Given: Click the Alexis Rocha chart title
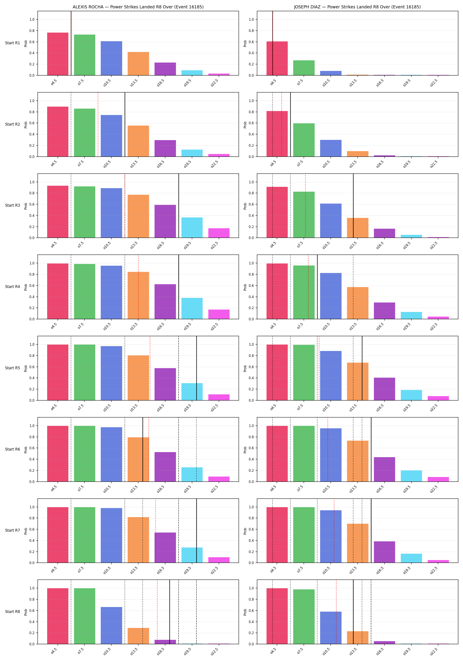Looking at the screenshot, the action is click(x=138, y=7).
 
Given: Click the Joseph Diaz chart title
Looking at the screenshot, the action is click(x=357, y=7).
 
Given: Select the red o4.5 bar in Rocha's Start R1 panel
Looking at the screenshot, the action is click(x=58, y=54).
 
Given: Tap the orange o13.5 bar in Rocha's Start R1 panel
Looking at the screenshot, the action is click(x=138, y=64).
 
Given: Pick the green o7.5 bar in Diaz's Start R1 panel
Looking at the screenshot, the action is click(x=304, y=68).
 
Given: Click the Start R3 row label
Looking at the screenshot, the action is click(x=13, y=205).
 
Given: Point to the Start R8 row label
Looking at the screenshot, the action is click(x=13, y=611).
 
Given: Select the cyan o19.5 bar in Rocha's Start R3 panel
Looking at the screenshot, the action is click(x=192, y=228).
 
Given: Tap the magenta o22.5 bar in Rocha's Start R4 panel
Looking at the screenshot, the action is click(x=219, y=314).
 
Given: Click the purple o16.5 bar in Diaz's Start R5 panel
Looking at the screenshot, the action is click(x=384, y=389).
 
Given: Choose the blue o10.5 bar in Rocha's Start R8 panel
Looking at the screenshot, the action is click(x=112, y=626).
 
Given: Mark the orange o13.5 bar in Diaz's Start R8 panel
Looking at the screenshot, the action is click(x=358, y=638).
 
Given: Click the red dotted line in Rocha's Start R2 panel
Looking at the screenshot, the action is click(x=98, y=124).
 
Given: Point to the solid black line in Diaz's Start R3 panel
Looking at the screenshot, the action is click(x=353, y=206).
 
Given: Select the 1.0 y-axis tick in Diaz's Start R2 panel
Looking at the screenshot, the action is click(x=251, y=101).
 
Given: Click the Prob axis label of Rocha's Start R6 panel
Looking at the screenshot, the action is click(x=26, y=450).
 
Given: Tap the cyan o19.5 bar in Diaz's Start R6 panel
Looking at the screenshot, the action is click(x=411, y=476).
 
